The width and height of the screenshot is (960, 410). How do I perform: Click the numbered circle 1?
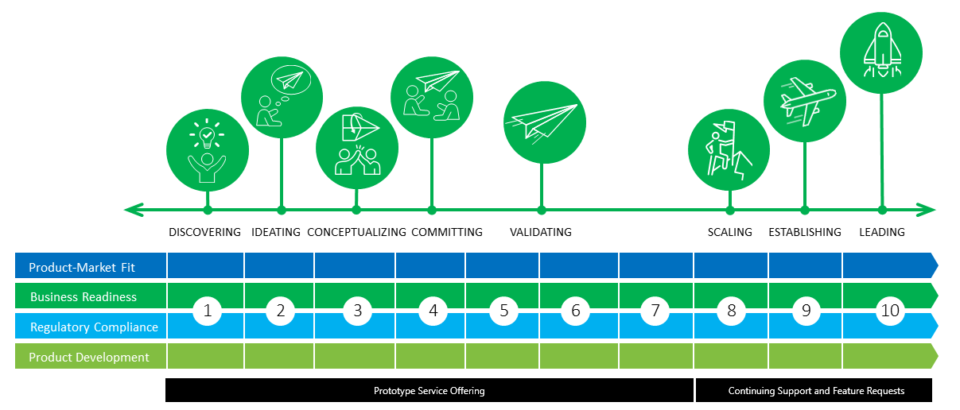pyautogui.click(x=208, y=311)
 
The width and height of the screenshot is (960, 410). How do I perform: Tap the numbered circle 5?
pyautogui.click(x=504, y=311)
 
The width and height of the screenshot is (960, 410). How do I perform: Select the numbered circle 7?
pyautogui.click(x=655, y=311)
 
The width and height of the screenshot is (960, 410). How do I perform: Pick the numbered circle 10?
pyautogui.click(x=890, y=311)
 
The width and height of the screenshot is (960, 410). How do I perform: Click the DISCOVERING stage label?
pyautogui.click(x=204, y=232)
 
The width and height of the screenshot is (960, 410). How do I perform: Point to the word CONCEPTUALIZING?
pyautogui.click(x=356, y=232)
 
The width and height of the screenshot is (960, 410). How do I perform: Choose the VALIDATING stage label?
pyautogui.click(x=541, y=232)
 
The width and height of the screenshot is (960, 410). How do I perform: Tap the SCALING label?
pyautogui.click(x=729, y=232)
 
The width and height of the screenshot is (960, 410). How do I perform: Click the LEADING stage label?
pyautogui.click(x=882, y=232)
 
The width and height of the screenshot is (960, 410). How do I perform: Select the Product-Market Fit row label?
pyautogui.click(x=83, y=268)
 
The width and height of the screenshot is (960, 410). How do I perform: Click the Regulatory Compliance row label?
pyautogui.click(x=94, y=327)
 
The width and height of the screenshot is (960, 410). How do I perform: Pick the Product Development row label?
pyautogui.click(x=89, y=358)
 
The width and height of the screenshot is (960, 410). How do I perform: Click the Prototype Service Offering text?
pyautogui.click(x=429, y=391)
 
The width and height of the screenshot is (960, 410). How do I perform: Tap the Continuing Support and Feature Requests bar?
pyautogui.click(x=816, y=391)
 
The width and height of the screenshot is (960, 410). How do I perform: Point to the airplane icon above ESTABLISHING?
pyautogui.click(x=805, y=100)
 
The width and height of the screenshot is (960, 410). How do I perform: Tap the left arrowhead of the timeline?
pyautogui.click(x=131, y=210)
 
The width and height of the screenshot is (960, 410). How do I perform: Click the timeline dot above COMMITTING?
pyautogui.click(x=432, y=211)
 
